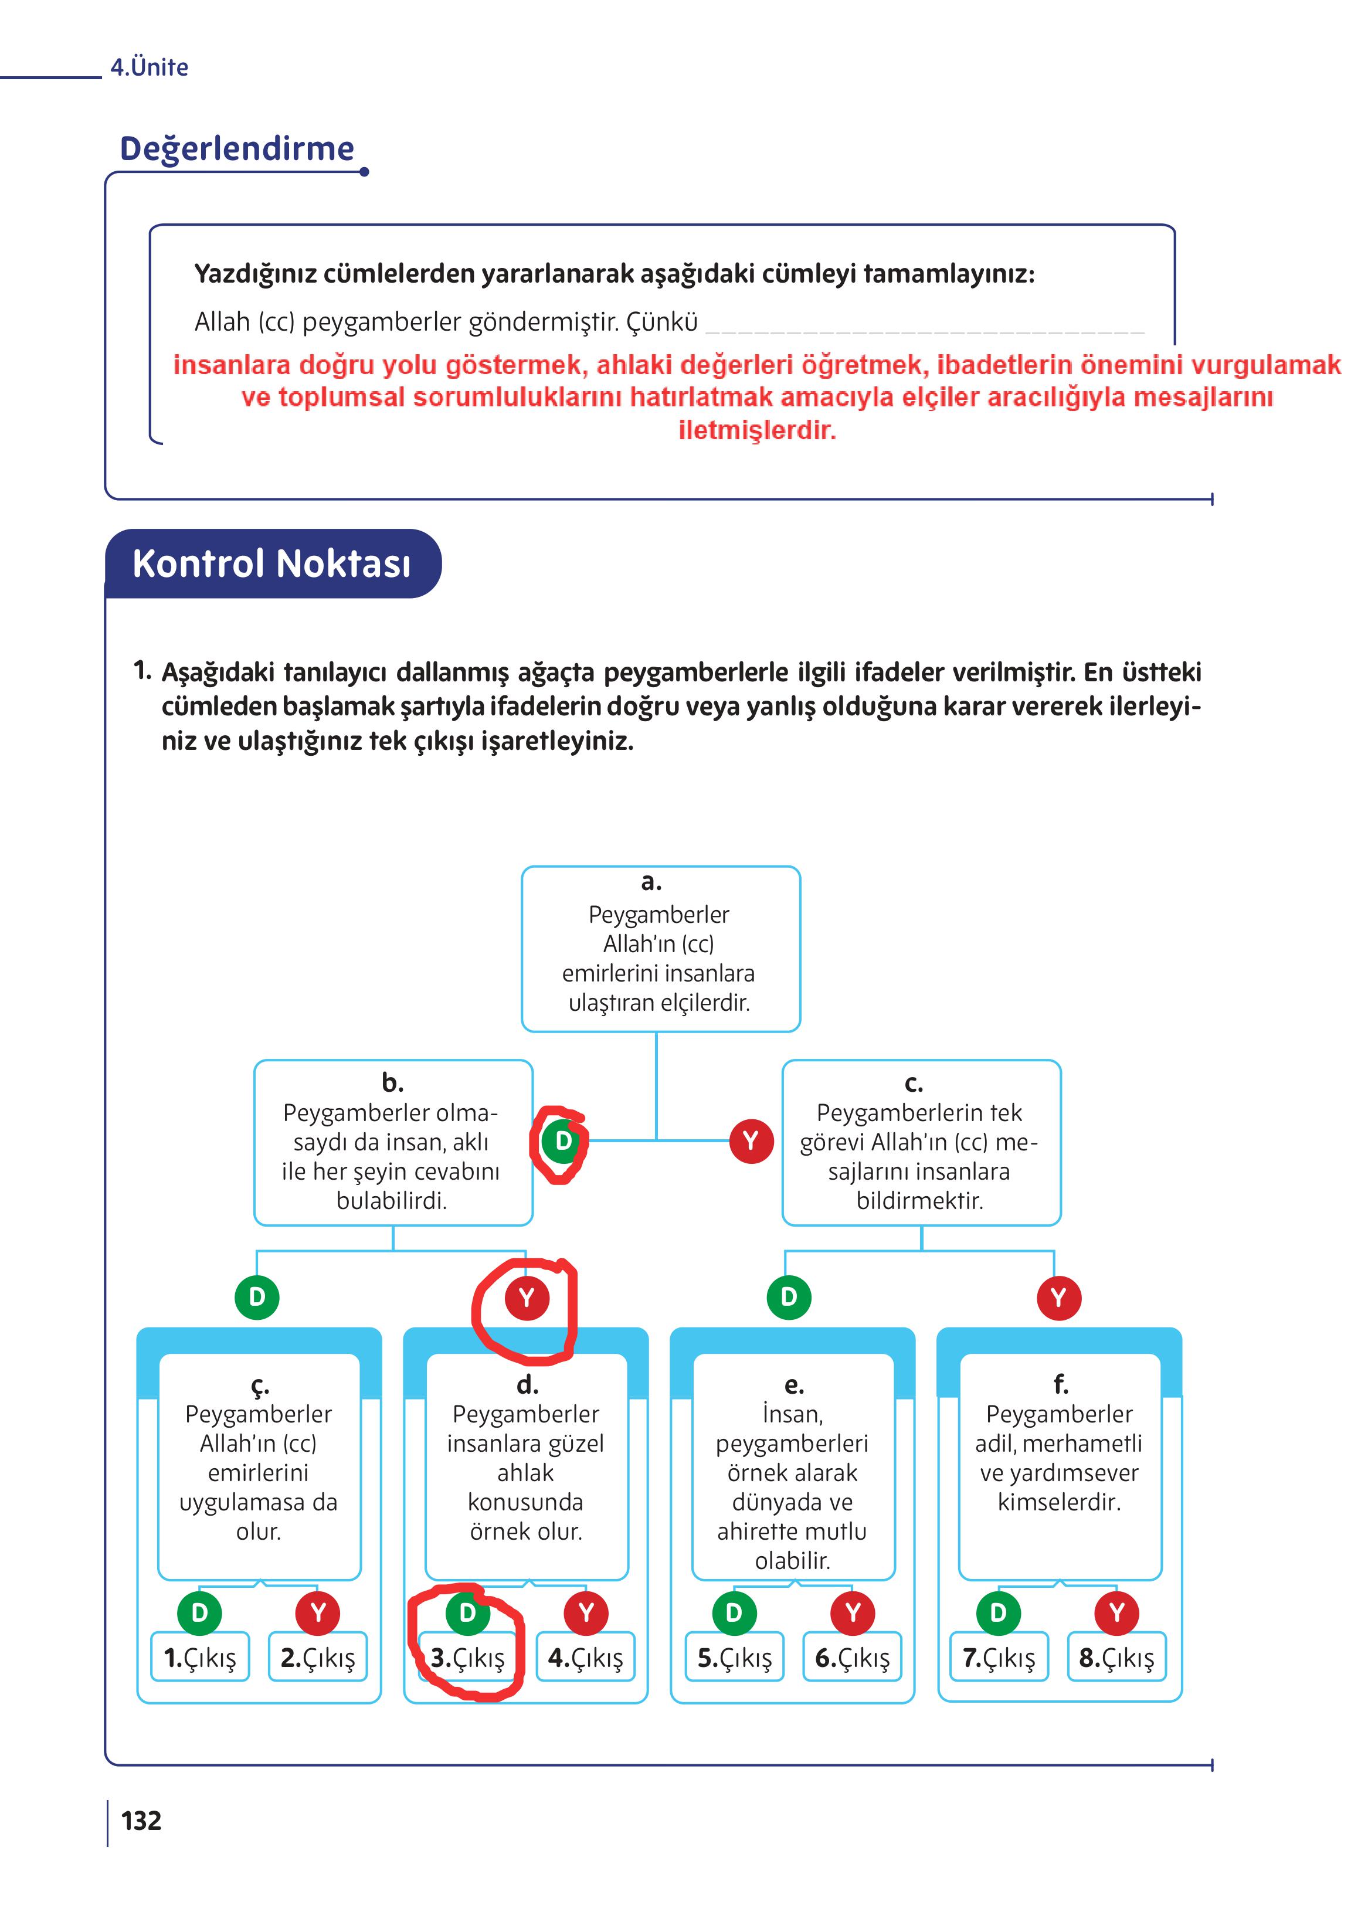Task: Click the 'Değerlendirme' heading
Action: [x=237, y=149]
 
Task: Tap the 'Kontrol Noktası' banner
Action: [x=272, y=563]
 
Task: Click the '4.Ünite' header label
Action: [x=150, y=67]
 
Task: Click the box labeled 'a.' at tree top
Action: [x=660, y=949]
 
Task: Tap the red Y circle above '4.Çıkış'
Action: [x=586, y=1612]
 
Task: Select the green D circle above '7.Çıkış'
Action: [x=998, y=1612]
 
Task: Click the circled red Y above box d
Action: [x=527, y=1298]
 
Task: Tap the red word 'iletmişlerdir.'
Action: [x=756, y=430]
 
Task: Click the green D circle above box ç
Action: [x=257, y=1297]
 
